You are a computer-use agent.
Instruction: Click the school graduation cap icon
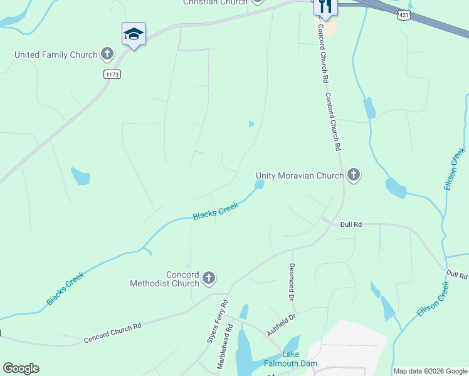click(x=134, y=34)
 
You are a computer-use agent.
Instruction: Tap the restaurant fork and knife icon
click(x=325, y=6)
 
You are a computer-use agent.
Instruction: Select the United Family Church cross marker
click(x=107, y=54)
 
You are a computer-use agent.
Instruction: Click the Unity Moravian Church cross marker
click(x=354, y=175)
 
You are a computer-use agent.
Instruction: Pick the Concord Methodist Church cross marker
click(x=209, y=278)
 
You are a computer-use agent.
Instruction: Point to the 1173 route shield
click(x=112, y=74)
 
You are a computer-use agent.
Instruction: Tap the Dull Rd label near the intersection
click(x=350, y=224)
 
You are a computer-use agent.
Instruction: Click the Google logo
click(x=21, y=368)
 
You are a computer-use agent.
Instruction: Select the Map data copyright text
click(x=430, y=371)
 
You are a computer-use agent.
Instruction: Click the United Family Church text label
click(x=56, y=55)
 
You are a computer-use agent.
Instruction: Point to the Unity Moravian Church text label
click(x=300, y=176)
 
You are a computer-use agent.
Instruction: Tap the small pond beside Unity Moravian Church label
click(x=259, y=184)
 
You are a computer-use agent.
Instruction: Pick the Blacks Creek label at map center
click(x=216, y=211)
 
